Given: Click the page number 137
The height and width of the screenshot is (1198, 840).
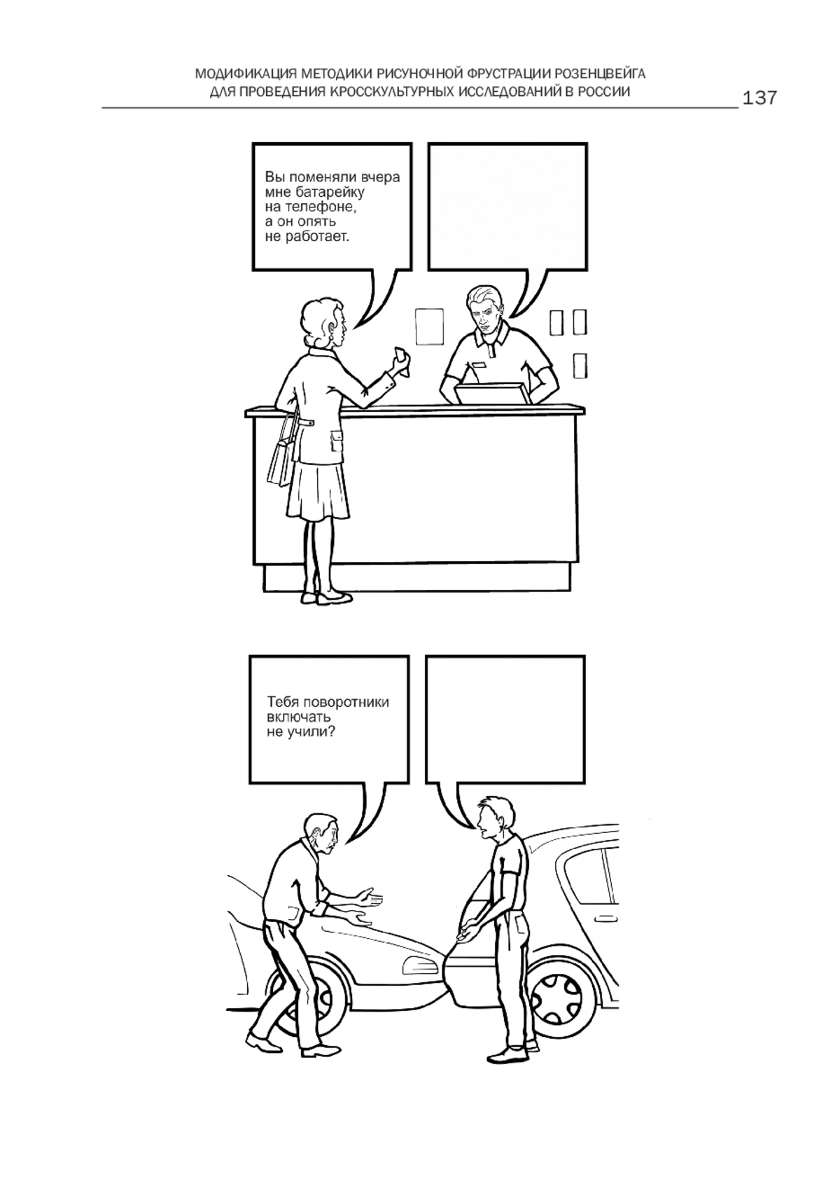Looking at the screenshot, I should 759,97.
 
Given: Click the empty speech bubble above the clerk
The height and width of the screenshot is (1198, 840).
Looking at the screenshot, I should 507,207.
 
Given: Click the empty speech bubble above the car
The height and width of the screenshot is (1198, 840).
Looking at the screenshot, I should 505,719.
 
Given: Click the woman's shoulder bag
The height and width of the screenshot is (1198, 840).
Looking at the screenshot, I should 283,460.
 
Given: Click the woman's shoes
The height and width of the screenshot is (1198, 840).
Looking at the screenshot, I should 325,598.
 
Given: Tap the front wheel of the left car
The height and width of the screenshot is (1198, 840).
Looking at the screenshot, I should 313,995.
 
